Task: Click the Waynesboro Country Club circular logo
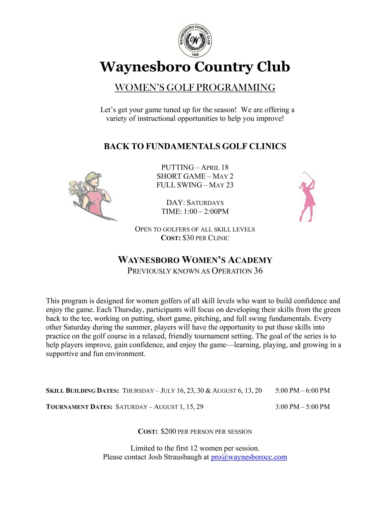[195, 41]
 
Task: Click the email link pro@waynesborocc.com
[249, 457]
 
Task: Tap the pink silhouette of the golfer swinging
[307, 197]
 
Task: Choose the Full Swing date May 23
[221, 185]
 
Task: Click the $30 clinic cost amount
[188, 238]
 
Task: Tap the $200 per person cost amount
[168, 431]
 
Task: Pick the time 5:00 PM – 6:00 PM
[302, 390]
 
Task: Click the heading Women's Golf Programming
[195, 87]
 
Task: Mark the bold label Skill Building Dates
[82, 391]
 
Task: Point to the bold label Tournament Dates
[79, 407]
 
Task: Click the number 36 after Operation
[258, 271]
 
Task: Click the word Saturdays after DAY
[205, 203]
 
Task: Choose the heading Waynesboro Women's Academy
[195, 260]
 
